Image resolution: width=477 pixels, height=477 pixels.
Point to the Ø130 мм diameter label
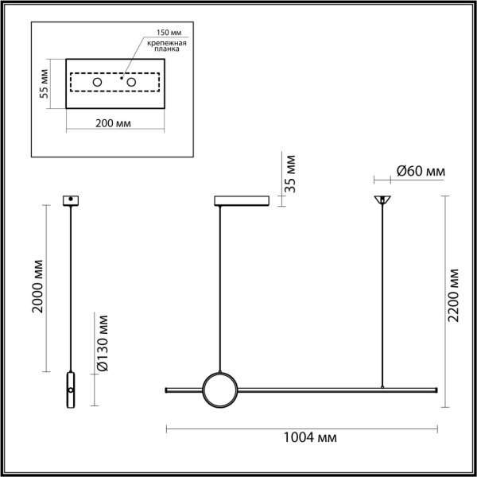click(x=102, y=344)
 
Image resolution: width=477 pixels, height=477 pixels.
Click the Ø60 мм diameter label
click(x=420, y=171)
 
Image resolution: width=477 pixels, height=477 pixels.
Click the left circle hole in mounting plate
click(x=97, y=83)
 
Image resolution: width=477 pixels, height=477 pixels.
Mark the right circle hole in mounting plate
click(x=132, y=83)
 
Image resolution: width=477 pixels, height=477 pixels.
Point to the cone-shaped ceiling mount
click(x=383, y=200)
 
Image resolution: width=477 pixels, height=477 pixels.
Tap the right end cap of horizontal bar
click(x=436, y=389)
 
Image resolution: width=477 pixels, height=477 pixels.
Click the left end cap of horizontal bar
click(x=166, y=389)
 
